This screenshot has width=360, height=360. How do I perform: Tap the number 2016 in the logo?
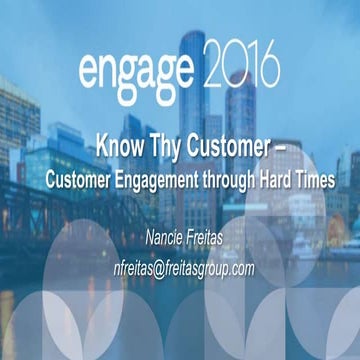point(239,71)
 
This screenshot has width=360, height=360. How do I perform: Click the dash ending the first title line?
point(279,142)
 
